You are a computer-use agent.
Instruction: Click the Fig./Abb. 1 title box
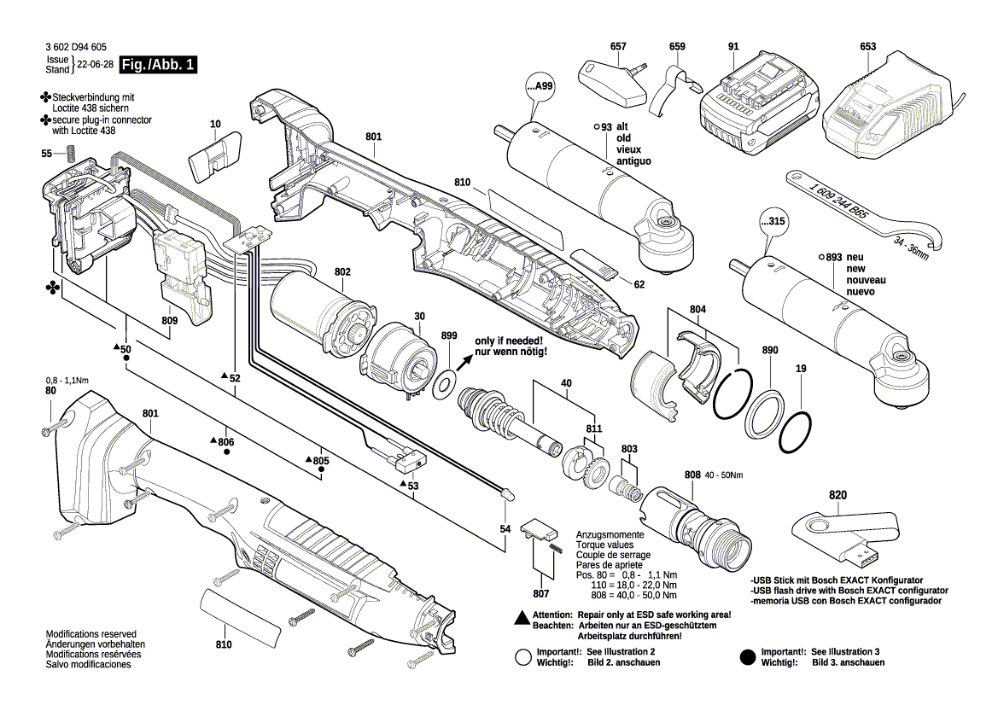(160, 65)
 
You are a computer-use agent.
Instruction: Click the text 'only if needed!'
(511, 341)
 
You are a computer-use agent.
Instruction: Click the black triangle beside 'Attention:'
(520, 615)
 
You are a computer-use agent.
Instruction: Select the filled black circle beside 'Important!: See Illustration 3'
(747, 656)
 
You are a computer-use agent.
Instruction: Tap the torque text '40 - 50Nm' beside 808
(724, 475)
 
